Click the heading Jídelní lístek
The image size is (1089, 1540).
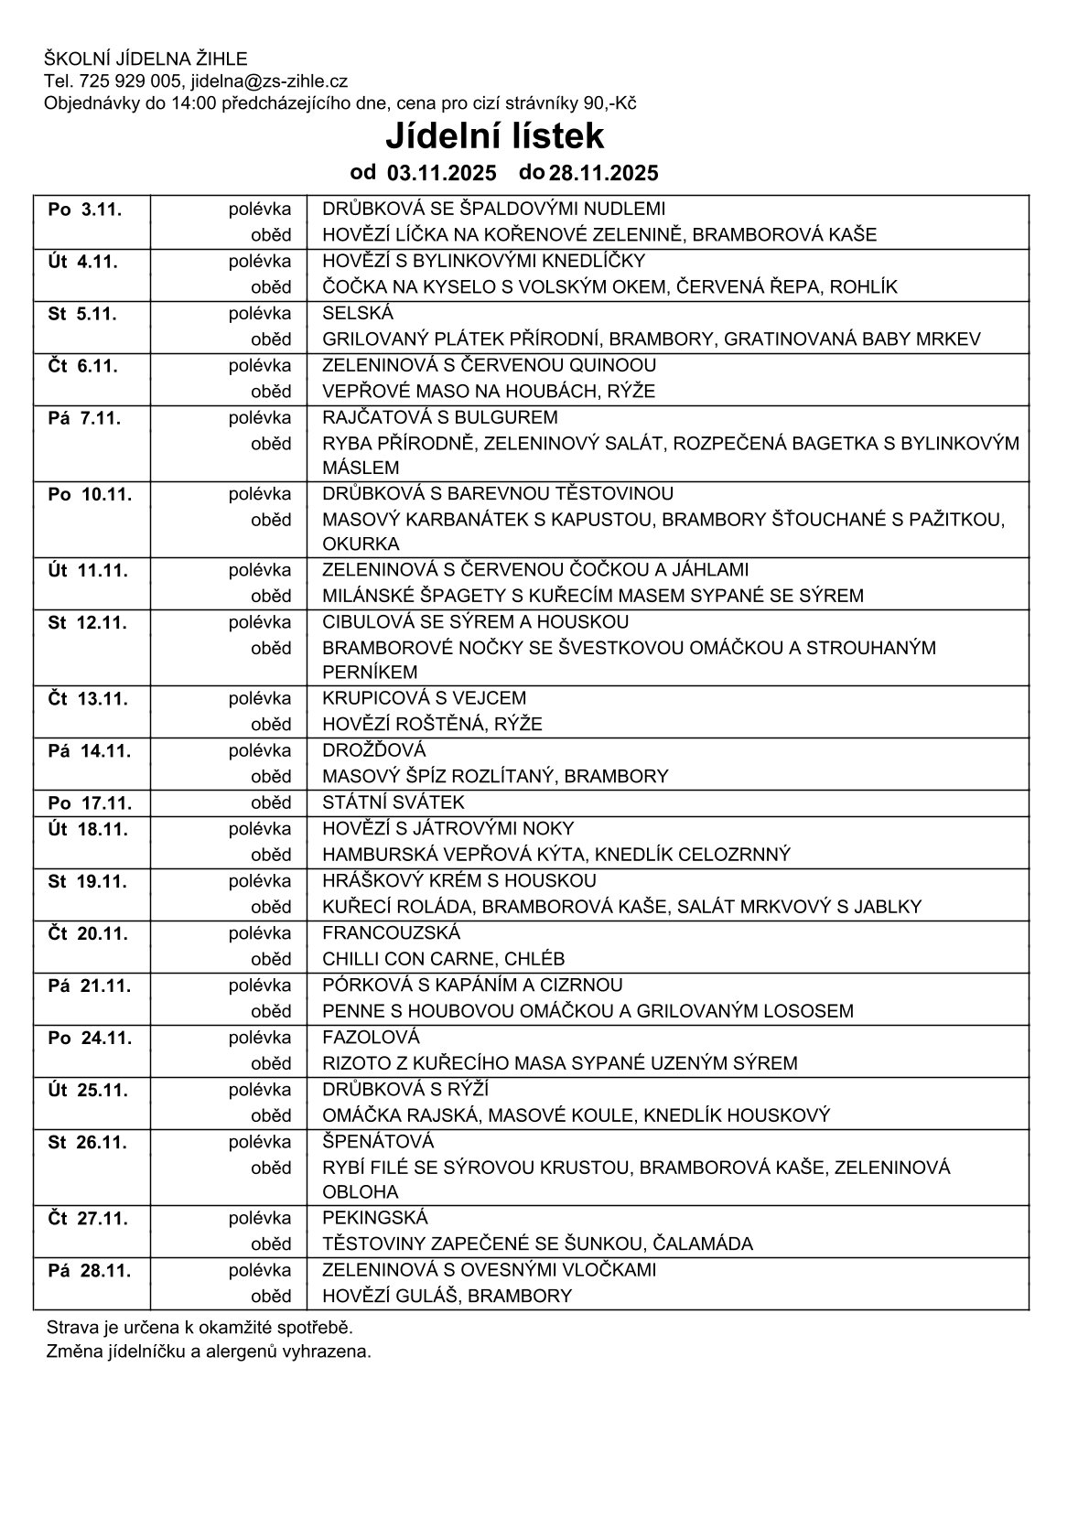coord(494,136)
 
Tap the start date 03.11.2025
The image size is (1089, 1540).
coord(441,173)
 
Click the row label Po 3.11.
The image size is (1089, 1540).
coord(84,210)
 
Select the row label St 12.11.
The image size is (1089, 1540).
coord(88,623)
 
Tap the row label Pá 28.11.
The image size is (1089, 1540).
coord(88,1271)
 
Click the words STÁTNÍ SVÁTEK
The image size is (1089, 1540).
coord(394,802)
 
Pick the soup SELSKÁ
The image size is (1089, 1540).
coord(357,313)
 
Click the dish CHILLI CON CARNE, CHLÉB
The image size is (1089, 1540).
coord(443,959)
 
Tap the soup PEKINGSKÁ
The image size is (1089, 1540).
coord(375,1218)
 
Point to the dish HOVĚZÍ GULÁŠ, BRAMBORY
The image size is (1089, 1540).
coord(447,1296)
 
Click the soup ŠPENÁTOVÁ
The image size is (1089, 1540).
coord(378,1141)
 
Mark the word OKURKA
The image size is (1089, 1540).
coord(361,544)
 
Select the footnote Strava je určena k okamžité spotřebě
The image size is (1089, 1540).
coord(199,1327)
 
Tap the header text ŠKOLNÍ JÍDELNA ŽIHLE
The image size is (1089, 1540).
coord(146,59)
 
